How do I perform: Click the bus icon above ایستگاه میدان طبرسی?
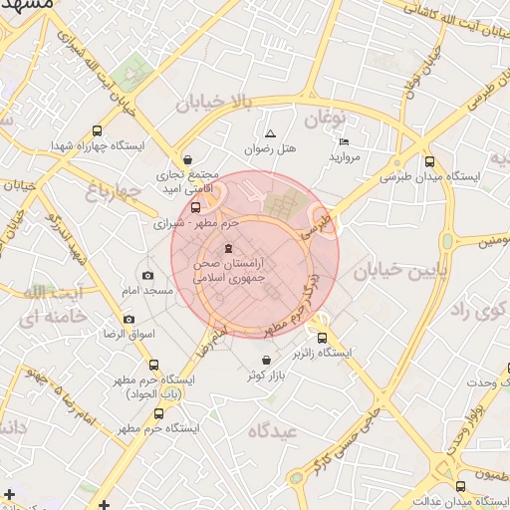click(x=429, y=161)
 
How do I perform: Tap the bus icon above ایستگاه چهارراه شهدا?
click(x=97, y=130)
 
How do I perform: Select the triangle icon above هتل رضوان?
click(x=269, y=133)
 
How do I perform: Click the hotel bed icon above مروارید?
click(x=344, y=142)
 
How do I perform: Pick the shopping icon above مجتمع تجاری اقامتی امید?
click(x=187, y=160)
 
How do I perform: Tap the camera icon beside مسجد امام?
click(x=148, y=276)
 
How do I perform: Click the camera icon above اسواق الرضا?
click(x=128, y=320)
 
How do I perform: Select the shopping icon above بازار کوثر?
click(x=266, y=360)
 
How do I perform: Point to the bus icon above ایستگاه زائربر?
click(x=321, y=338)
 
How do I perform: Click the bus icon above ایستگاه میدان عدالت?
click(x=459, y=486)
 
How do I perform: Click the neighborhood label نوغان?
click(x=324, y=121)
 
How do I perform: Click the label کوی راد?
click(x=475, y=311)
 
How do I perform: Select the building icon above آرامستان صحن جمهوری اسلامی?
click(x=230, y=248)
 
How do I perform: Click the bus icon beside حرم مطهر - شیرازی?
click(x=194, y=208)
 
